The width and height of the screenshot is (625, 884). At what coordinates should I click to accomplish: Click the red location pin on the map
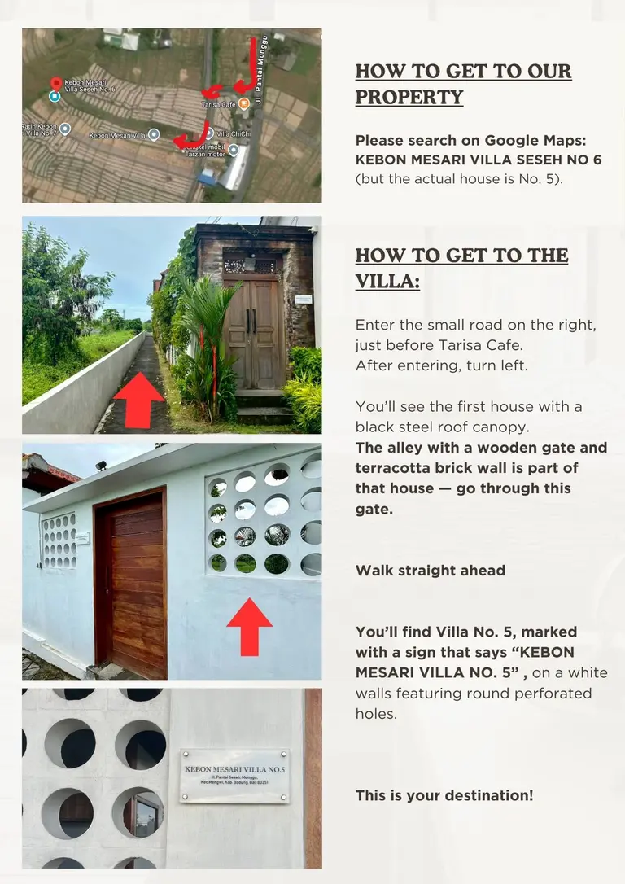(x=56, y=84)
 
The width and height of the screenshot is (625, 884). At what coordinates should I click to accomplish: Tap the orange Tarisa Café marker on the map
(x=243, y=103)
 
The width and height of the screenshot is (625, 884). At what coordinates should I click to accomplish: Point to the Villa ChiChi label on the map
(x=234, y=134)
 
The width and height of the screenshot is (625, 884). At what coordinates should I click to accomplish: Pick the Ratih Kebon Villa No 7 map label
(x=39, y=129)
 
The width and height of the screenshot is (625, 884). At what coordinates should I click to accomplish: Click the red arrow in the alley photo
(x=138, y=400)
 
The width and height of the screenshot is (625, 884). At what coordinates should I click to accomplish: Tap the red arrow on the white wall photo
(x=249, y=626)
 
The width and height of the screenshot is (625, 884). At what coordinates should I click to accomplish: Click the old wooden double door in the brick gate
(x=254, y=333)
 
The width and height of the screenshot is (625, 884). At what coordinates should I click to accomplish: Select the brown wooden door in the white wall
(x=131, y=584)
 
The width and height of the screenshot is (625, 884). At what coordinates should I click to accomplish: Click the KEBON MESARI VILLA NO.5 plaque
(x=234, y=776)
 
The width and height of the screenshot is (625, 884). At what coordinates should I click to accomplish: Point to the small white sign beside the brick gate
(x=304, y=300)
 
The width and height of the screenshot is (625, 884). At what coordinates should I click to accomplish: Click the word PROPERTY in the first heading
(x=409, y=97)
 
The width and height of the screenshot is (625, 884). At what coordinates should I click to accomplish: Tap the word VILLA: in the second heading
(x=387, y=281)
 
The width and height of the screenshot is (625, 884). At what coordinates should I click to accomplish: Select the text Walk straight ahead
(x=431, y=571)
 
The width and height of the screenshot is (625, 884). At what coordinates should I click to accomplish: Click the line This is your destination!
(x=444, y=795)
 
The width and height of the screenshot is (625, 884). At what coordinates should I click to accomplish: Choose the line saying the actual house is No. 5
(x=459, y=179)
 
